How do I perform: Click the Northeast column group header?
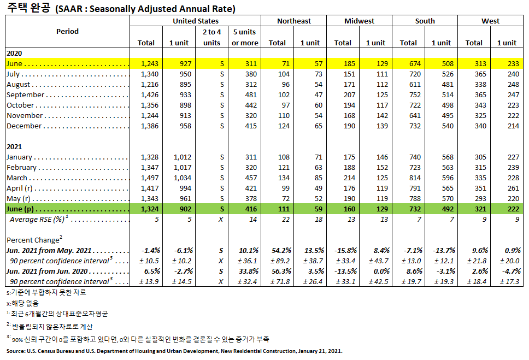(x=293, y=21)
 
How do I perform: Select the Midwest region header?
(x=359, y=21)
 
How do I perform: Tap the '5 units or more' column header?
(x=245, y=37)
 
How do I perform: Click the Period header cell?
(x=67, y=31)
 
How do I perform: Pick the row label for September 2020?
(x=26, y=95)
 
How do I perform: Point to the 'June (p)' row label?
(x=22, y=209)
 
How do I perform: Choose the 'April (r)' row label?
(x=22, y=188)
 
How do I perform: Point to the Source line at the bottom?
(x=174, y=351)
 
